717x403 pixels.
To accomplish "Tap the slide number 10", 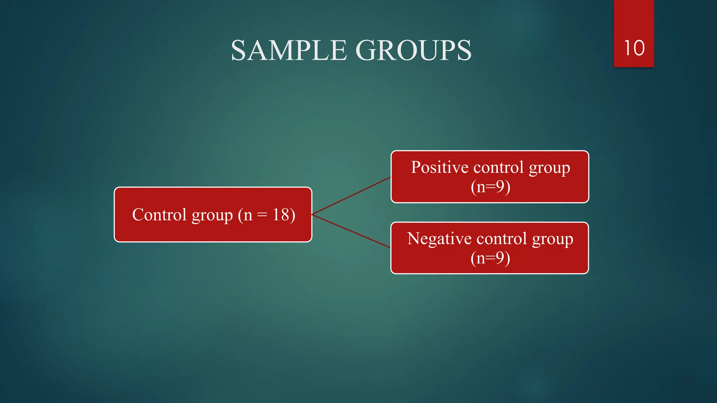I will (634, 48).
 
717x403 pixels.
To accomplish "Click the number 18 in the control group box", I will (281, 215).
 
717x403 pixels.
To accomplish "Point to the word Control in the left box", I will (159, 215).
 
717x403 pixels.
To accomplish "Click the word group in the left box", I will (212, 215).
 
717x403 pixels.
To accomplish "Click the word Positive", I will (440, 167).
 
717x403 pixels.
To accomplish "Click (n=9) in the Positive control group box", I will (490, 187).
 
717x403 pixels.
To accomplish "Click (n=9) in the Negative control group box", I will (490, 258).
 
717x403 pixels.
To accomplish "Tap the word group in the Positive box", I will (549, 168).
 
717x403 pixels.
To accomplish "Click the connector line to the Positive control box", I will (351, 196).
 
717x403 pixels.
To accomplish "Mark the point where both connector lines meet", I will (312, 214).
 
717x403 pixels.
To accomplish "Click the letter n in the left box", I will (248, 215).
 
